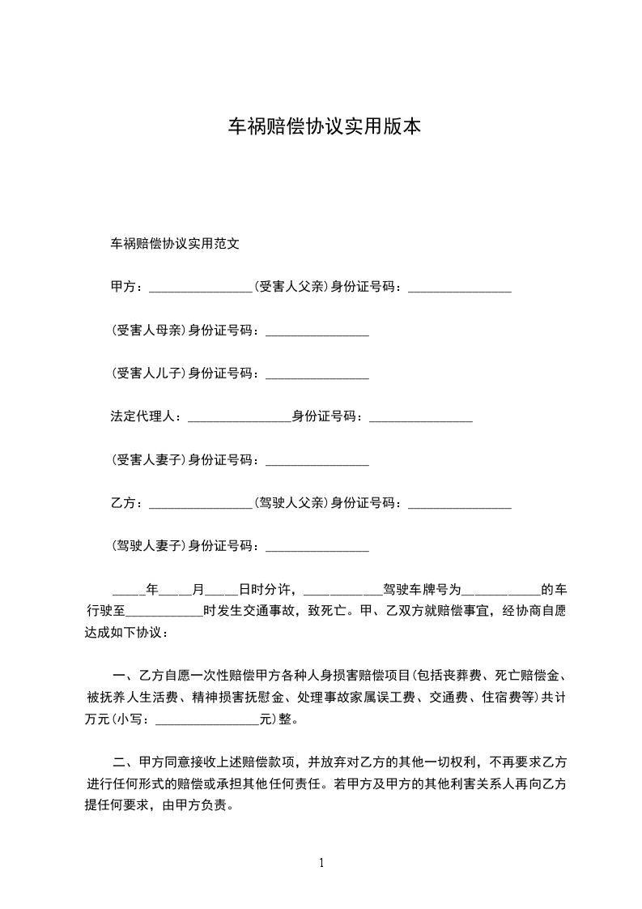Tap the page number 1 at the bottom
pos(321,863)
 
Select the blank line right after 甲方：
pos(202,287)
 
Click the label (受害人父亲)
pos(291,286)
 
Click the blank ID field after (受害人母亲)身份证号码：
pos(317,331)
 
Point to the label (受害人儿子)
pos(148,373)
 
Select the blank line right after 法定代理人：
pos(239,418)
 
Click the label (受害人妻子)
pos(148,461)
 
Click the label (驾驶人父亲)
pos(291,504)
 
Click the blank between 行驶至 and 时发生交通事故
pos(165,612)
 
